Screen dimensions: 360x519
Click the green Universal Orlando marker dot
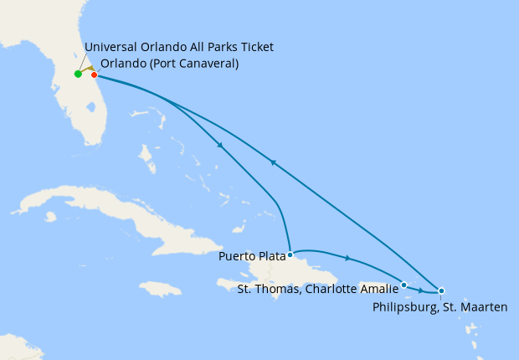click(x=78, y=74)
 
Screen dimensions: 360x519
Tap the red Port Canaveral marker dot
click(x=95, y=75)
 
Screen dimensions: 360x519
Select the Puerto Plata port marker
click(x=290, y=255)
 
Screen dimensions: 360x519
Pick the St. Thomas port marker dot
click(x=404, y=285)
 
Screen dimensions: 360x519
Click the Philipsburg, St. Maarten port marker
click(x=441, y=291)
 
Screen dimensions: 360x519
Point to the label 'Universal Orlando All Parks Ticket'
click(x=179, y=47)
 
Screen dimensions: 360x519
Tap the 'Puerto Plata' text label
click(x=252, y=256)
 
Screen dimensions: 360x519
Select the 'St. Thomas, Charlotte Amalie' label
click(x=317, y=290)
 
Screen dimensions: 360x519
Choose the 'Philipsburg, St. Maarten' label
click(x=439, y=307)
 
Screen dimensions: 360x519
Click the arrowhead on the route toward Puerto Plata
click(x=220, y=146)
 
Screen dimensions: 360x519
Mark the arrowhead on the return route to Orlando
click(x=273, y=162)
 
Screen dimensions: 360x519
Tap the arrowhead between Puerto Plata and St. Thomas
click(x=347, y=258)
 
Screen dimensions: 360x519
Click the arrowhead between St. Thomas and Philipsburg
click(x=421, y=290)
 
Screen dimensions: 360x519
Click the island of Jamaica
click(x=161, y=289)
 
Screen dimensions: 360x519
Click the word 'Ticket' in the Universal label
click(x=255, y=47)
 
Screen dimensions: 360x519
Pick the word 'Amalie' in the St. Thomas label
click(x=378, y=290)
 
